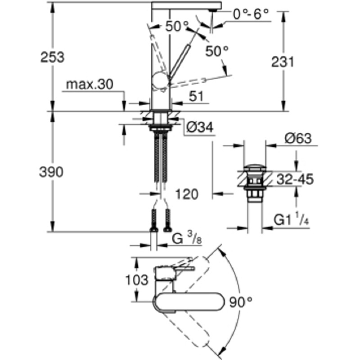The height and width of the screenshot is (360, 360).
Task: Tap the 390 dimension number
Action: tap(53, 172)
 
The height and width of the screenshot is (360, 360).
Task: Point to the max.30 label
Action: tap(90, 84)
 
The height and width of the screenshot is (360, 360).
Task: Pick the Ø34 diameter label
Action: tap(198, 128)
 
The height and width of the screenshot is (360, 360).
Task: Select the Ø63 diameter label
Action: tap(298, 139)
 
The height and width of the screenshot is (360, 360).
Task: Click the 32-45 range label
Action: tap(295, 180)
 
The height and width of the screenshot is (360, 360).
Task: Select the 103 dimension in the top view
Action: tap(136, 280)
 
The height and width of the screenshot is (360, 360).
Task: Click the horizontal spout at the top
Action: tap(186, 4)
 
